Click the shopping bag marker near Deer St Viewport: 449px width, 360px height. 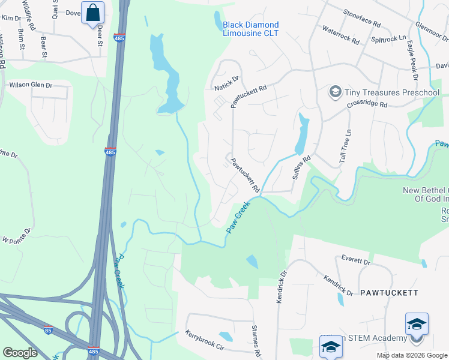pyautogui.click(x=92, y=13)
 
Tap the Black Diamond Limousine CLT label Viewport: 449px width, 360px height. pyautogui.click(x=250, y=29)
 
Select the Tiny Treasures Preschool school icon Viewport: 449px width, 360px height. pyautogui.click(x=335, y=92)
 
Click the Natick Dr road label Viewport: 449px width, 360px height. pyautogui.click(x=227, y=83)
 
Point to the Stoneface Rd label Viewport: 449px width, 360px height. pyautogui.click(x=362, y=18)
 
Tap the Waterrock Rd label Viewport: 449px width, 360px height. pyautogui.click(x=340, y=35)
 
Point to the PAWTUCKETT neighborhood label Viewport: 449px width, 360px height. pyautogui.click(x=388, y=293)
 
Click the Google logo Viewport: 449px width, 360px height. pyautogui.click(x=20, y=352)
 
